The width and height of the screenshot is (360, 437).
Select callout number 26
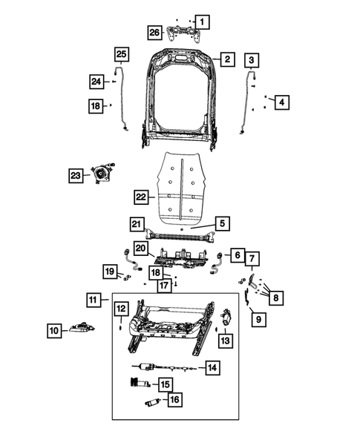154,32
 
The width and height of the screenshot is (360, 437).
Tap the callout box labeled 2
227,59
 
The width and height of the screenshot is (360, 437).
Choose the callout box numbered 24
96,80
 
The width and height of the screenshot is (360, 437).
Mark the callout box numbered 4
280,102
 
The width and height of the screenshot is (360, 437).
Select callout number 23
75,175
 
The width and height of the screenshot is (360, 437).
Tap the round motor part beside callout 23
99,174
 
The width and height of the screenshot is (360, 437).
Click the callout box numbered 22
142,197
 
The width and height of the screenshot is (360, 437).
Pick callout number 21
136,224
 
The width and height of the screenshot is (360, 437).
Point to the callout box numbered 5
221,222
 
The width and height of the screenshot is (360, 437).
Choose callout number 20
141,249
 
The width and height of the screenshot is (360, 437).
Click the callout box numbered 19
109,272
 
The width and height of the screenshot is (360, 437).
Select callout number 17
163,285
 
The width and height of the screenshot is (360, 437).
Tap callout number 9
258,320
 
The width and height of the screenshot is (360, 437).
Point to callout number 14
212,367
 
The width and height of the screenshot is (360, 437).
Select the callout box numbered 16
174,400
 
